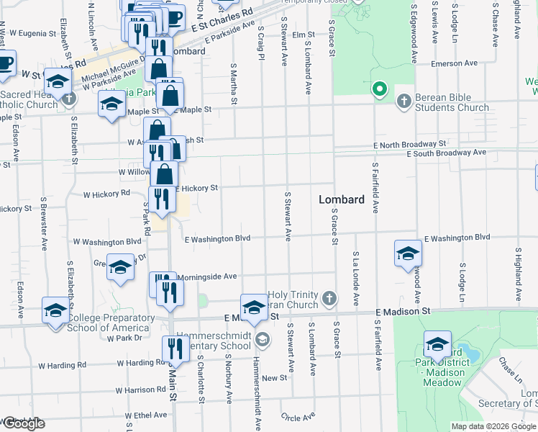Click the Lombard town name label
(x=342, y=199)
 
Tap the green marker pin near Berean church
(x=379, y=91)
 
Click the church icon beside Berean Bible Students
(x=403, y=101)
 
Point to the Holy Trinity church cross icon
(x=329, y=298)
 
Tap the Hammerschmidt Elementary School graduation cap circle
(x=263, y=339)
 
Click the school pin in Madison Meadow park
(x=437, y=345)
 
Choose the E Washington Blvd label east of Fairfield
(x=457, y=238)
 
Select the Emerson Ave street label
(x=455, y=63)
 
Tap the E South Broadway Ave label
(x=446, y=153)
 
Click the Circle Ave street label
(x=298, y=417)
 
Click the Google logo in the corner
(x=23, y=424)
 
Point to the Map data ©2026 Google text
(x=494, y=426)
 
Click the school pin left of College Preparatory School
(x=55, y=311)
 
